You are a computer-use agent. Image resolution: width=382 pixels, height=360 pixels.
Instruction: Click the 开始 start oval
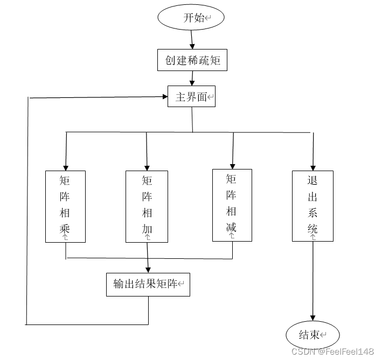[x=191, y=18]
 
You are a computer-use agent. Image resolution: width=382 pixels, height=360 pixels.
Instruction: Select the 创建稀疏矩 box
[x=192, y=60]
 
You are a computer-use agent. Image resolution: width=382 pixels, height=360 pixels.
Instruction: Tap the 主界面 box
[x=191, y=97]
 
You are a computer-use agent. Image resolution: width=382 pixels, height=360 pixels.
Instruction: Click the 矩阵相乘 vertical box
[x=65, y=206]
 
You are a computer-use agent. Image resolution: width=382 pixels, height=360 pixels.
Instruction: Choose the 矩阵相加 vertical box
[x=147, y=206]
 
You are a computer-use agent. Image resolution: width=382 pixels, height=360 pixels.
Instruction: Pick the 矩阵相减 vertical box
[x=232, y=204]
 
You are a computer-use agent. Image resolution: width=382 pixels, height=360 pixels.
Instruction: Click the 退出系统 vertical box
[x=312, y=205]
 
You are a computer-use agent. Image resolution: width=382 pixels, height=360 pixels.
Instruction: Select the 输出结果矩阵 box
[x=148, y=284]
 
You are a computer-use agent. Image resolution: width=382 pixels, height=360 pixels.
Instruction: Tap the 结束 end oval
[x=312, y=335]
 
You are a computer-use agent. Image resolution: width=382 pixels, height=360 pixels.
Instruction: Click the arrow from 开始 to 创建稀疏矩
[x=192, y=39]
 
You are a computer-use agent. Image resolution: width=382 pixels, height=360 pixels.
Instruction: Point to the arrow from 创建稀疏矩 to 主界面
[x=192, y=79]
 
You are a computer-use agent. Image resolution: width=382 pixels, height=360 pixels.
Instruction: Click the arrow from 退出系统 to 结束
[x=312, y=280]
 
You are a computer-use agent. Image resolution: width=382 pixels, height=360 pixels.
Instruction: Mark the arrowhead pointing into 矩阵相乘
[x=66, y=166]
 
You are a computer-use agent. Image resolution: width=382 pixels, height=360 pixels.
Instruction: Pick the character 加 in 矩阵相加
[x=147, y=229]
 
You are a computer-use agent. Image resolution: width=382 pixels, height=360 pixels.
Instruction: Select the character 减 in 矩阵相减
[x=232, y=227]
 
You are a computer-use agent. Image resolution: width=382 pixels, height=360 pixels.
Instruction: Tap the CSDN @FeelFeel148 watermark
[x=332, y=351]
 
